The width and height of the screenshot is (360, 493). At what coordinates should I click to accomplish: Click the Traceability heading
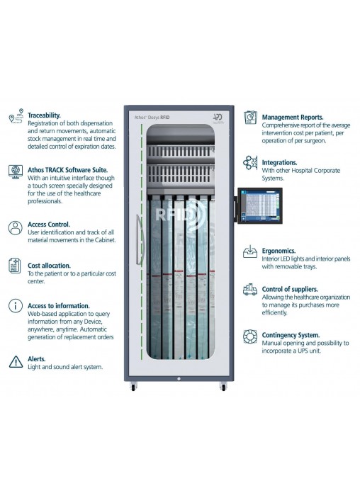coord(44,115)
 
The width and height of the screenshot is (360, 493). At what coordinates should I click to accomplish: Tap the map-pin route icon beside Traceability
coord(16,115)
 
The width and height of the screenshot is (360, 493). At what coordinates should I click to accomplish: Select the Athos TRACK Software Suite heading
coord(67,170)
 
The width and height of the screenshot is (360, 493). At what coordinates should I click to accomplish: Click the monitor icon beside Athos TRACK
coord(16,171)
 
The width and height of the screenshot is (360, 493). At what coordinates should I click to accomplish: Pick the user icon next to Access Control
coord(16,228)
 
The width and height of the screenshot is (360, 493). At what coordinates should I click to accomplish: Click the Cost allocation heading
coord(49,266)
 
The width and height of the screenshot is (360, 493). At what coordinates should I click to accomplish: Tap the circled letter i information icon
coord(16,305)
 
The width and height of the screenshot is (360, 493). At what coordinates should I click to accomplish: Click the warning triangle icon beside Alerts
coord(16,361)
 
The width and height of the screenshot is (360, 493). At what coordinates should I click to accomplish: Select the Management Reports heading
coord(293,118)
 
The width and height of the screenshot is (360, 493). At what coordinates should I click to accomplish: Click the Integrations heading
coord(279,162)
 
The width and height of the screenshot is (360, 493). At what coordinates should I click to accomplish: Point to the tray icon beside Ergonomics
coord(250,252)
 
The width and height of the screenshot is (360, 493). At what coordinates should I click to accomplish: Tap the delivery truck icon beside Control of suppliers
coord(250,290)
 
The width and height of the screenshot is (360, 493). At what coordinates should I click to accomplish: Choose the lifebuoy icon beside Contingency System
coord(250,336)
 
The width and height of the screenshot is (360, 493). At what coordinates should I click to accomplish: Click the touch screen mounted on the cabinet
coord(260,205)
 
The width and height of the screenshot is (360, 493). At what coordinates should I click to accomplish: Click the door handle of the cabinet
coord(139,240)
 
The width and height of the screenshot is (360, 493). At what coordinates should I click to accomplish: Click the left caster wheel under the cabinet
coord(133,387)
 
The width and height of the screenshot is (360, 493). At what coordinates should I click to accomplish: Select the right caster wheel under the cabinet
coord(223,387)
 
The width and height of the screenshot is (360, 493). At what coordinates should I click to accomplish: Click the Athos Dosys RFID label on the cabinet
coord(152,118)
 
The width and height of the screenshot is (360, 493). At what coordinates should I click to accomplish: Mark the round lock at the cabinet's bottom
coord(179,379)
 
